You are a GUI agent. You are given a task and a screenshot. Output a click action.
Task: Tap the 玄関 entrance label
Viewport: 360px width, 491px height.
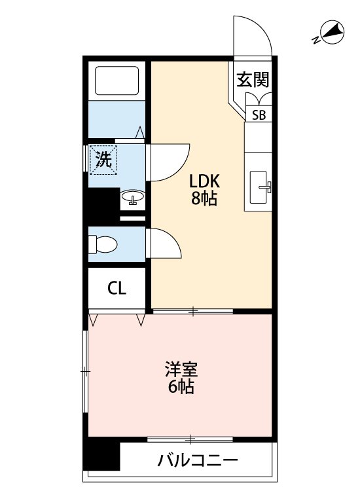coord(253,79)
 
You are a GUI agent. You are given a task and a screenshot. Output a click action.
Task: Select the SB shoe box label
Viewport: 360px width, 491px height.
coord(259,115)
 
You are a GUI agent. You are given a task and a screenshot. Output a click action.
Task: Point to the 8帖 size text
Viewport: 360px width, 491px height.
coord(204,198)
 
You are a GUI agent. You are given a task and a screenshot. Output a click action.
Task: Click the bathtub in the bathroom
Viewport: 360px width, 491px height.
coord(117,81)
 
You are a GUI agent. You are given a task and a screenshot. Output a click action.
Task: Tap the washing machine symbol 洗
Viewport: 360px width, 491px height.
coord(103,159)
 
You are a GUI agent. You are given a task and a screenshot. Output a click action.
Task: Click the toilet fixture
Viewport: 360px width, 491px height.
coord(103,244)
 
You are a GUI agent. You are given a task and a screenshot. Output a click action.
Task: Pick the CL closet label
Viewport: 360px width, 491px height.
coord(117,288)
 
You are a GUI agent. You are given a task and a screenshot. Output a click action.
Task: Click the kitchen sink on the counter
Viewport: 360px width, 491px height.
coord(259,187)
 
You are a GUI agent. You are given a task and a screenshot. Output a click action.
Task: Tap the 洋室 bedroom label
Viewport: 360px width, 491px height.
coord(181,369)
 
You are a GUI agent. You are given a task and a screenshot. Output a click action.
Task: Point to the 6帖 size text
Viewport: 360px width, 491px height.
coord(181,387)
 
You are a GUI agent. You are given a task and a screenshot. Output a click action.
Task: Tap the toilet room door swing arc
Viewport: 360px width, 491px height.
coord(174,240)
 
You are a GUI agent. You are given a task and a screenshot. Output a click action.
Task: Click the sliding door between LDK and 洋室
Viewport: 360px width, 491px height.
coord(193,311)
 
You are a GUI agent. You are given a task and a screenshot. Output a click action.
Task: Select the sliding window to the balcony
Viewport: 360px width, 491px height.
coord(190,439)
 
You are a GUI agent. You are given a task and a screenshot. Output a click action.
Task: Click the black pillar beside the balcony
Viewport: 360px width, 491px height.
coord(101,455)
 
